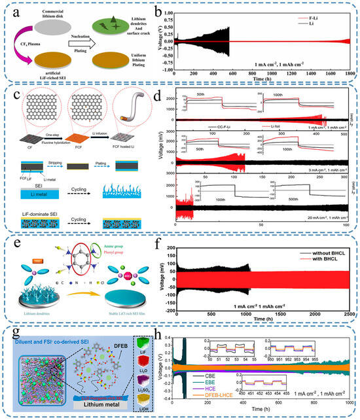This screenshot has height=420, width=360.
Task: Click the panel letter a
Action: (12, 10)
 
